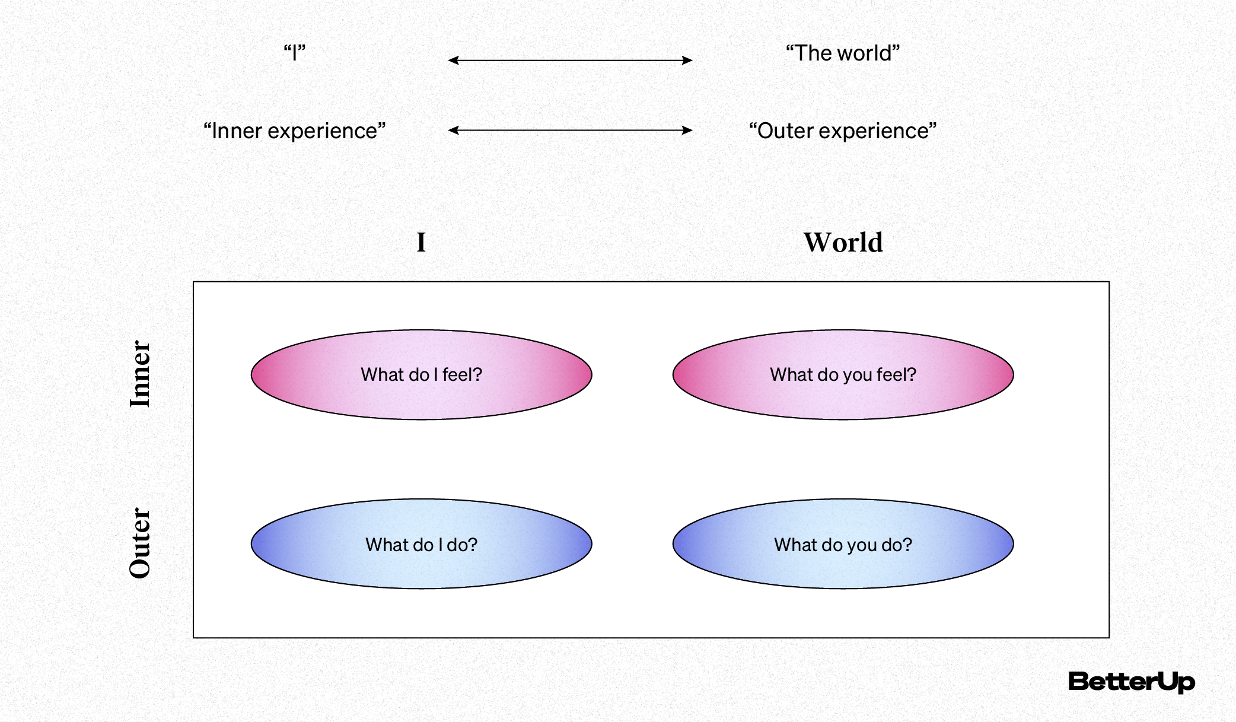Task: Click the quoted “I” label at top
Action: (294, 53)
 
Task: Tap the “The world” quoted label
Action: (842, 53)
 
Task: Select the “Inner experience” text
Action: (294, 131)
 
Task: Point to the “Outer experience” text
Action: (842, 131)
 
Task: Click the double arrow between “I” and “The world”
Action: (570, 60)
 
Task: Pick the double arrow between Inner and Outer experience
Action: (570, 130)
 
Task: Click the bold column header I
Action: (421, 243)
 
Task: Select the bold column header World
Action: (843, 243)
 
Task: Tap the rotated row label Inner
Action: (141, 374)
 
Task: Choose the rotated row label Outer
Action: (141, 543)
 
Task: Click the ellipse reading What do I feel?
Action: (421, 374)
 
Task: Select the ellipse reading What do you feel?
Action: (843, 374)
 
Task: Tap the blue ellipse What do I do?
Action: (421, 544)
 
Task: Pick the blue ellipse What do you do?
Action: (843, 544)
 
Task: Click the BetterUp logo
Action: (1131, 682)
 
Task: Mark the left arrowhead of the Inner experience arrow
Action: (452, 130)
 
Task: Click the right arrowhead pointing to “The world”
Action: (688, 60)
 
